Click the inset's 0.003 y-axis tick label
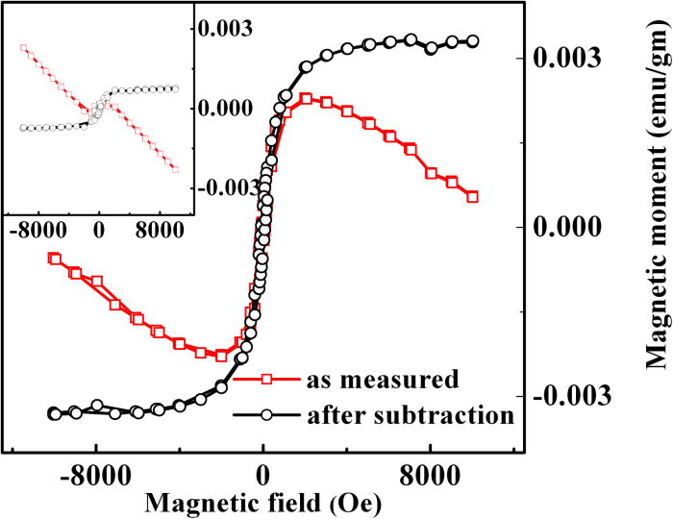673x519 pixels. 224,28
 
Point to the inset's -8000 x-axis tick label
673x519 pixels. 37,232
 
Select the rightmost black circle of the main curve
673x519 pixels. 472,41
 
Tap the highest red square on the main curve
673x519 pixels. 360,98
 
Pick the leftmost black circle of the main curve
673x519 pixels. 55,413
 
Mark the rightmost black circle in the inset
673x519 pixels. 175,88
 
